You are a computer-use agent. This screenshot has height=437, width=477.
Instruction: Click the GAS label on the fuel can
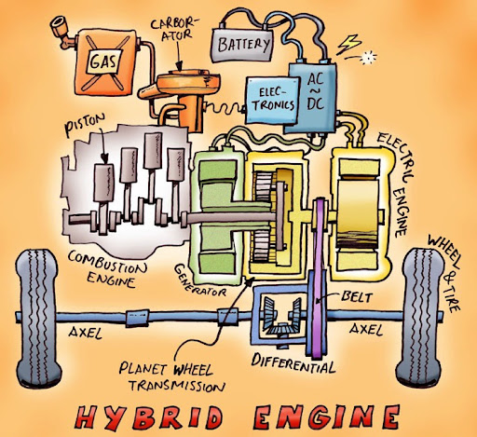[x=103, y=62]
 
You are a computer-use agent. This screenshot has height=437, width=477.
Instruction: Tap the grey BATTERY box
[x=242, y=45]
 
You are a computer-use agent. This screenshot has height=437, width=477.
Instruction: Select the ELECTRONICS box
[x=273, y=100]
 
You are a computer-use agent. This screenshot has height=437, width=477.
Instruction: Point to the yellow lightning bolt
[x=348, y=45]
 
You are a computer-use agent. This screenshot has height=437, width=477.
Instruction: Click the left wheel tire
[x=38, y=319]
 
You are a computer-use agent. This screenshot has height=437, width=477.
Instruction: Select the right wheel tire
[x=420, y=318]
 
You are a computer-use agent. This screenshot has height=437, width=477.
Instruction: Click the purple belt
[x=319, y=277]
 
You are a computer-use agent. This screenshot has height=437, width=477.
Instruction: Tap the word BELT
[x=356, y=297]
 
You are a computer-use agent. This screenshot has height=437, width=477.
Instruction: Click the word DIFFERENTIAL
[x=293, y=364]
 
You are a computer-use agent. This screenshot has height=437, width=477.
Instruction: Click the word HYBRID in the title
[x=149, y=417]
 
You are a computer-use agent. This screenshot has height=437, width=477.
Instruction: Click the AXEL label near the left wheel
[x=86, y=333]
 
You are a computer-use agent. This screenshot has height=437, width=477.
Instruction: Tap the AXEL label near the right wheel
[x=366, y=329]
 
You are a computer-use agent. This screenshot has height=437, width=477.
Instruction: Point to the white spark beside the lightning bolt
[x=368, y=57]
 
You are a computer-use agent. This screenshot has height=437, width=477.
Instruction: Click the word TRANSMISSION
[x=177, y=386]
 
